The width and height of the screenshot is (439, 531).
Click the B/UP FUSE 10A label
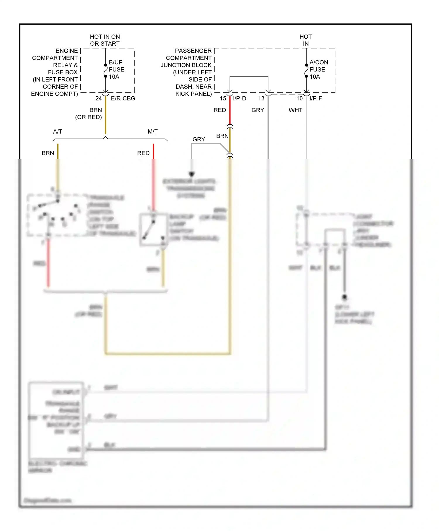point(116,70)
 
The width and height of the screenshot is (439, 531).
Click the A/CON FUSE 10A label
point(318,70)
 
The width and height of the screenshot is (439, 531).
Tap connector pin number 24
point(99,99)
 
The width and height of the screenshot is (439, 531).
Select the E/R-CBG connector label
point(123,99)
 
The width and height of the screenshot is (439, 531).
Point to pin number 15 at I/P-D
point(223,99)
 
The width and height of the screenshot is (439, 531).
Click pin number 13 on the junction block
point(261,99)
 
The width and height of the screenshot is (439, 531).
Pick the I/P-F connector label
point(315,99)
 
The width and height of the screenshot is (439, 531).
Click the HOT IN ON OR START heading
point(105,40)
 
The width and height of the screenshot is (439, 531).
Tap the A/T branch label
point(58,132)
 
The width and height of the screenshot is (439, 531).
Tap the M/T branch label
point(152,132)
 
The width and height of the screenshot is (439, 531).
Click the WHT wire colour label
point(295,110)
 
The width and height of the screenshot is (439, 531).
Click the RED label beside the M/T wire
point(143,153)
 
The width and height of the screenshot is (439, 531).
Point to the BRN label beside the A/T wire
point(48,153)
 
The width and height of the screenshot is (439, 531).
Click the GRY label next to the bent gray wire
point(199,139)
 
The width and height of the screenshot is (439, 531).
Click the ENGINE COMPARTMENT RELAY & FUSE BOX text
point(55,72)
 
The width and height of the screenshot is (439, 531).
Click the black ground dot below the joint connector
point(344,297)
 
